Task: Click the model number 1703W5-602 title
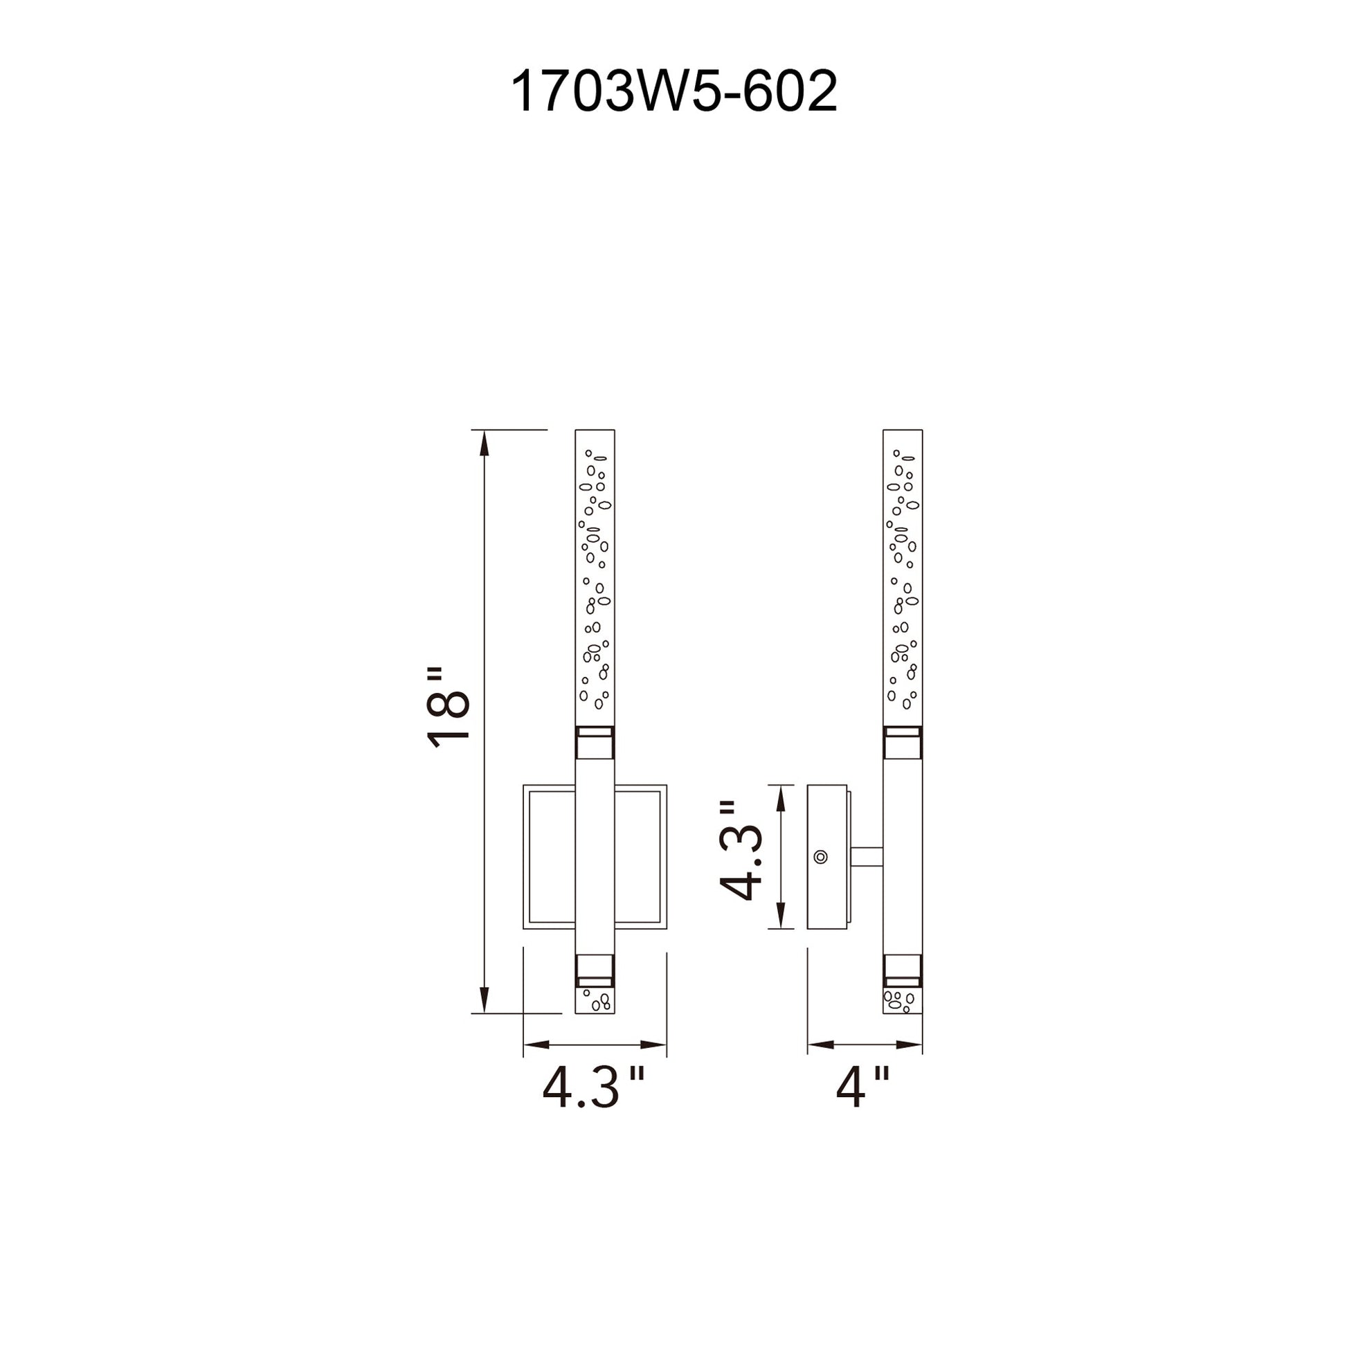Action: pyautogui.click(x=673, y=92)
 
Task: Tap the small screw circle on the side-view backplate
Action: pyautogui.click(x=821, y=856)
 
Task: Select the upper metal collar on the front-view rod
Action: pyautogui.click(x=595, y=743)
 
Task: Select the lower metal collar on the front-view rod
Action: pyautogui.click(x=595, y=970)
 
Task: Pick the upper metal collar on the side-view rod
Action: pyautogui.click(x=903, y=743)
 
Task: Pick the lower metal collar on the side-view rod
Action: pyautogui.click(x=903, y=970)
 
